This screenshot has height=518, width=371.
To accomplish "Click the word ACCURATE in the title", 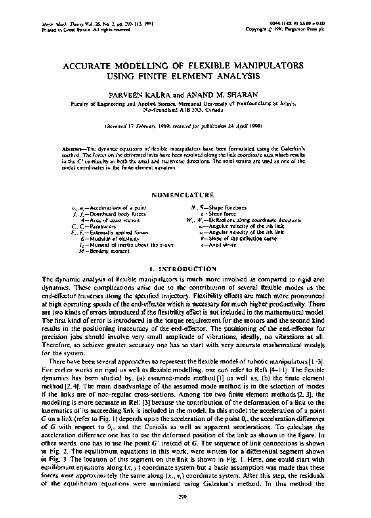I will click(x=87, y=68).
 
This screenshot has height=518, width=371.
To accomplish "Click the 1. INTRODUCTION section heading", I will click(x=185, y=271).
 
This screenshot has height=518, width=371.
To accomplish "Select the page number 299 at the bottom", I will click(x=185, y=497).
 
